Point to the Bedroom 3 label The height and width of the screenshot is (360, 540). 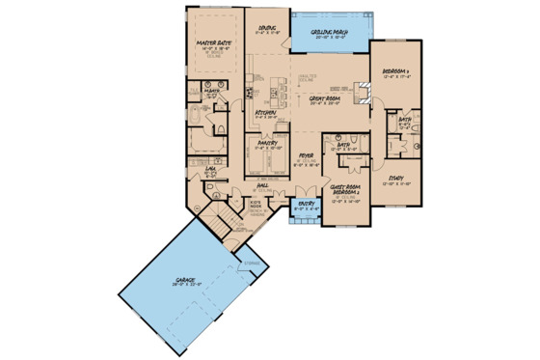click(396, 71)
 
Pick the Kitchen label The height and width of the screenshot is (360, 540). click(266, 113)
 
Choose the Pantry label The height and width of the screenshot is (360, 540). click(268, 142)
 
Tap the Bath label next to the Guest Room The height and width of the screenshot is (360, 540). click(343, 146)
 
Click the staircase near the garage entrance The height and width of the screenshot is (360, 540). click(232, 220)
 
